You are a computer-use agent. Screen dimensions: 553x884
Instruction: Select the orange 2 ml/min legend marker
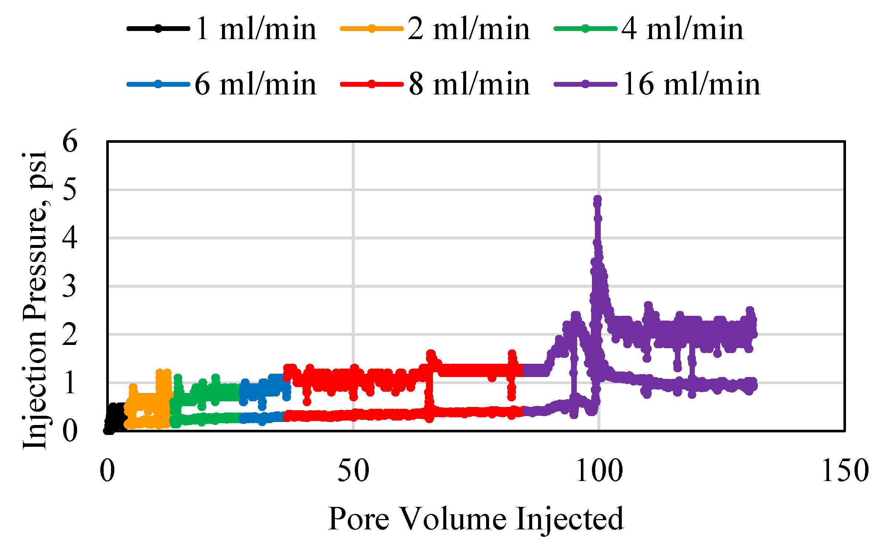(x=371, y=28)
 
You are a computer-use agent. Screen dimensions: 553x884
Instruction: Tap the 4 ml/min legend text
(x=682, y=29)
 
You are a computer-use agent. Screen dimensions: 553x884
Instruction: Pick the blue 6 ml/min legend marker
(x=158, y=84)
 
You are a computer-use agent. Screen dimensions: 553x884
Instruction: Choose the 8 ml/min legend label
(x=469, y=84)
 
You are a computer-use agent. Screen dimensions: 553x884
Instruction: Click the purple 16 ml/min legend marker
(x=585, y=84)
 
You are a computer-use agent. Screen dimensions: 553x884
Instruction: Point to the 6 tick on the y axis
(x=70, y=141)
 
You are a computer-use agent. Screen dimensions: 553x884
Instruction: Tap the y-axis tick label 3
(x=70, y=286)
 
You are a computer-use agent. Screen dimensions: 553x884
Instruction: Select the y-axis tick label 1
(x=70, y=383)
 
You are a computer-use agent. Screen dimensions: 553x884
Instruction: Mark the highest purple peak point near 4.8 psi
(x=597, y=199)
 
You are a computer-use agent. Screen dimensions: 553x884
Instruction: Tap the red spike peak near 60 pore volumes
(x=430, y=354)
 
